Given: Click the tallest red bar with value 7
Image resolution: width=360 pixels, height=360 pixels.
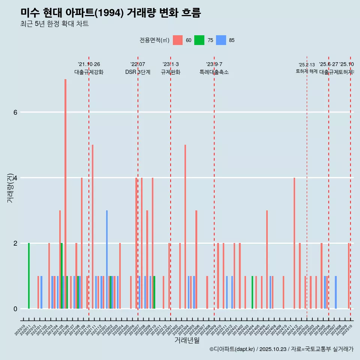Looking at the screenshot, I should [x=65, y=194].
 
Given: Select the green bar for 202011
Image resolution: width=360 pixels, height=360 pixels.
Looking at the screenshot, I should [x=29, y=276].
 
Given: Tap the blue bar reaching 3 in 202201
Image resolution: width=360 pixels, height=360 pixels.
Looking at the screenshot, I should [x=107, y=259].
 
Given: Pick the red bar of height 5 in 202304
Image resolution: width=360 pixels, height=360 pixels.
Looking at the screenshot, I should [x=185, y=226].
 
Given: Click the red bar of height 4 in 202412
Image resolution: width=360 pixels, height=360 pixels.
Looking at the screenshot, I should [x=294, y=243].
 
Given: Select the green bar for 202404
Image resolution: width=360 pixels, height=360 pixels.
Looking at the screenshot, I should [x=252, y=292].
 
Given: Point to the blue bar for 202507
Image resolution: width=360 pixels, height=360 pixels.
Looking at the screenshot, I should [x=336, y=292].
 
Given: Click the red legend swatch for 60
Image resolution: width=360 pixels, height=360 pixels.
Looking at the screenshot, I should [x=178, y=40].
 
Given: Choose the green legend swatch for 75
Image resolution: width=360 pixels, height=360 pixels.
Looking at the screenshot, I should [x=199, y=40].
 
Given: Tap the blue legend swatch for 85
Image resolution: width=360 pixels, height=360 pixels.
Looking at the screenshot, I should [x=221, y=40].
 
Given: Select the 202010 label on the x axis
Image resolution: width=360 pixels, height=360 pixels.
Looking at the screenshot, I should [x=21, y=330].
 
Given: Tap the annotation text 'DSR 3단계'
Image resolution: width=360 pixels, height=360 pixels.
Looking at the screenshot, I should [x=138, y=72].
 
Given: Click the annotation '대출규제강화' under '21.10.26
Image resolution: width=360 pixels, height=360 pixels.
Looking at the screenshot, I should [x=89, y=72].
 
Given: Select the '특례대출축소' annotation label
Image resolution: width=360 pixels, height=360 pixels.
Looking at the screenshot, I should [x=214, y=72].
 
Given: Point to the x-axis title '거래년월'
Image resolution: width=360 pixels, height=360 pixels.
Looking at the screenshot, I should [x=187, y=340].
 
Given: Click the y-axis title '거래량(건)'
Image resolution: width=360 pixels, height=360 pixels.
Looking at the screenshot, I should [x=10, y=188].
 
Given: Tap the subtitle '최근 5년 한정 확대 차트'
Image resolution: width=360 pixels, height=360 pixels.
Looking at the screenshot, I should [x=54, y=24].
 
